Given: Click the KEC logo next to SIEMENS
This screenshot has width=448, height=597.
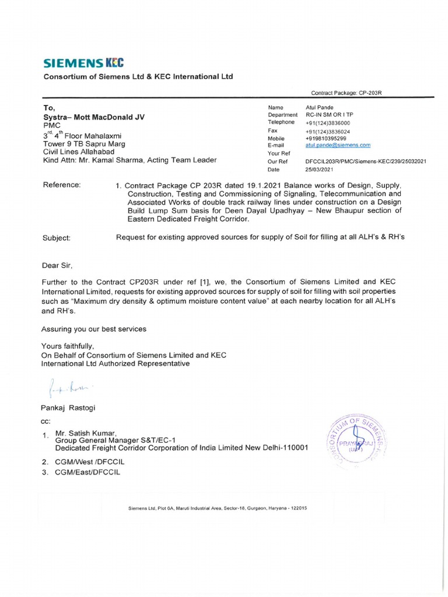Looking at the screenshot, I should point(114,63).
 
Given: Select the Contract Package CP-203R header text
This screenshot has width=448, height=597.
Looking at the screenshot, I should point(346,93).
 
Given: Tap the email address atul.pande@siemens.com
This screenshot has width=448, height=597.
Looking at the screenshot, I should point(338,145).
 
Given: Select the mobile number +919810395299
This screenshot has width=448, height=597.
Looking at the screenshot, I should point(325,138).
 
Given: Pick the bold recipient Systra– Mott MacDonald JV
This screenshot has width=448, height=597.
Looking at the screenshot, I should point(94,117).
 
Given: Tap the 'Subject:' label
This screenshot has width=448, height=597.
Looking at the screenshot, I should point(57,237).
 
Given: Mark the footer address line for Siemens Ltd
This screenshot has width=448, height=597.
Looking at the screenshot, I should point(218,508).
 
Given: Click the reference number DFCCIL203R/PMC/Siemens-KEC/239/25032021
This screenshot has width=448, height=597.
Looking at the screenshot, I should point(366,161).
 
